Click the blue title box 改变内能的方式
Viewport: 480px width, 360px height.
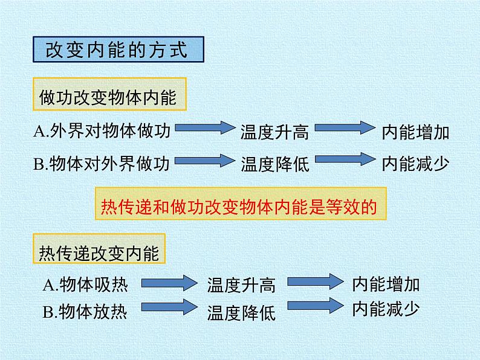[118, 50]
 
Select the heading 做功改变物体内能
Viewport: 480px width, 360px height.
[109, 94]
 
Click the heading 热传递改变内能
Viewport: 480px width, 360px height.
[99, 249]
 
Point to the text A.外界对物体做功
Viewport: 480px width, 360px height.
[102, 131]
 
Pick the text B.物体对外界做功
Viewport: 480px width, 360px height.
[102, 163]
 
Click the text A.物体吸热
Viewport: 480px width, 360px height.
[85, 284]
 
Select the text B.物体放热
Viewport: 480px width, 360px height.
[85, 311]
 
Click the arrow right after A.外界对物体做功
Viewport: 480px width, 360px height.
[205, 127]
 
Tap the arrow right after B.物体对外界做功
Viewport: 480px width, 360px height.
[205, 161]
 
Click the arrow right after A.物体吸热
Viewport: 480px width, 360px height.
[169, 282]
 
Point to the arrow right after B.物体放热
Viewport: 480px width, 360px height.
[169, 306]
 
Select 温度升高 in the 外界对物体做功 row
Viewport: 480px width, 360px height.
[274, 132]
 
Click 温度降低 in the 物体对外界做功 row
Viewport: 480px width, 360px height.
[275, 164]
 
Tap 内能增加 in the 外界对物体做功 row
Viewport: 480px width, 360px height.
[415, 132]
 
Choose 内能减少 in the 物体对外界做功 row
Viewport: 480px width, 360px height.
[415, 164]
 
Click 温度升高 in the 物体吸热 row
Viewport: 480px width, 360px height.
[241, 285]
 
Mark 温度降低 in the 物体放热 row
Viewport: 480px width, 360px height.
[241, 313]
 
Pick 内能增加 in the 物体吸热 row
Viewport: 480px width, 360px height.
[386, 284]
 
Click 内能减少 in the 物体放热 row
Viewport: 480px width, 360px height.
[386, 309]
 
